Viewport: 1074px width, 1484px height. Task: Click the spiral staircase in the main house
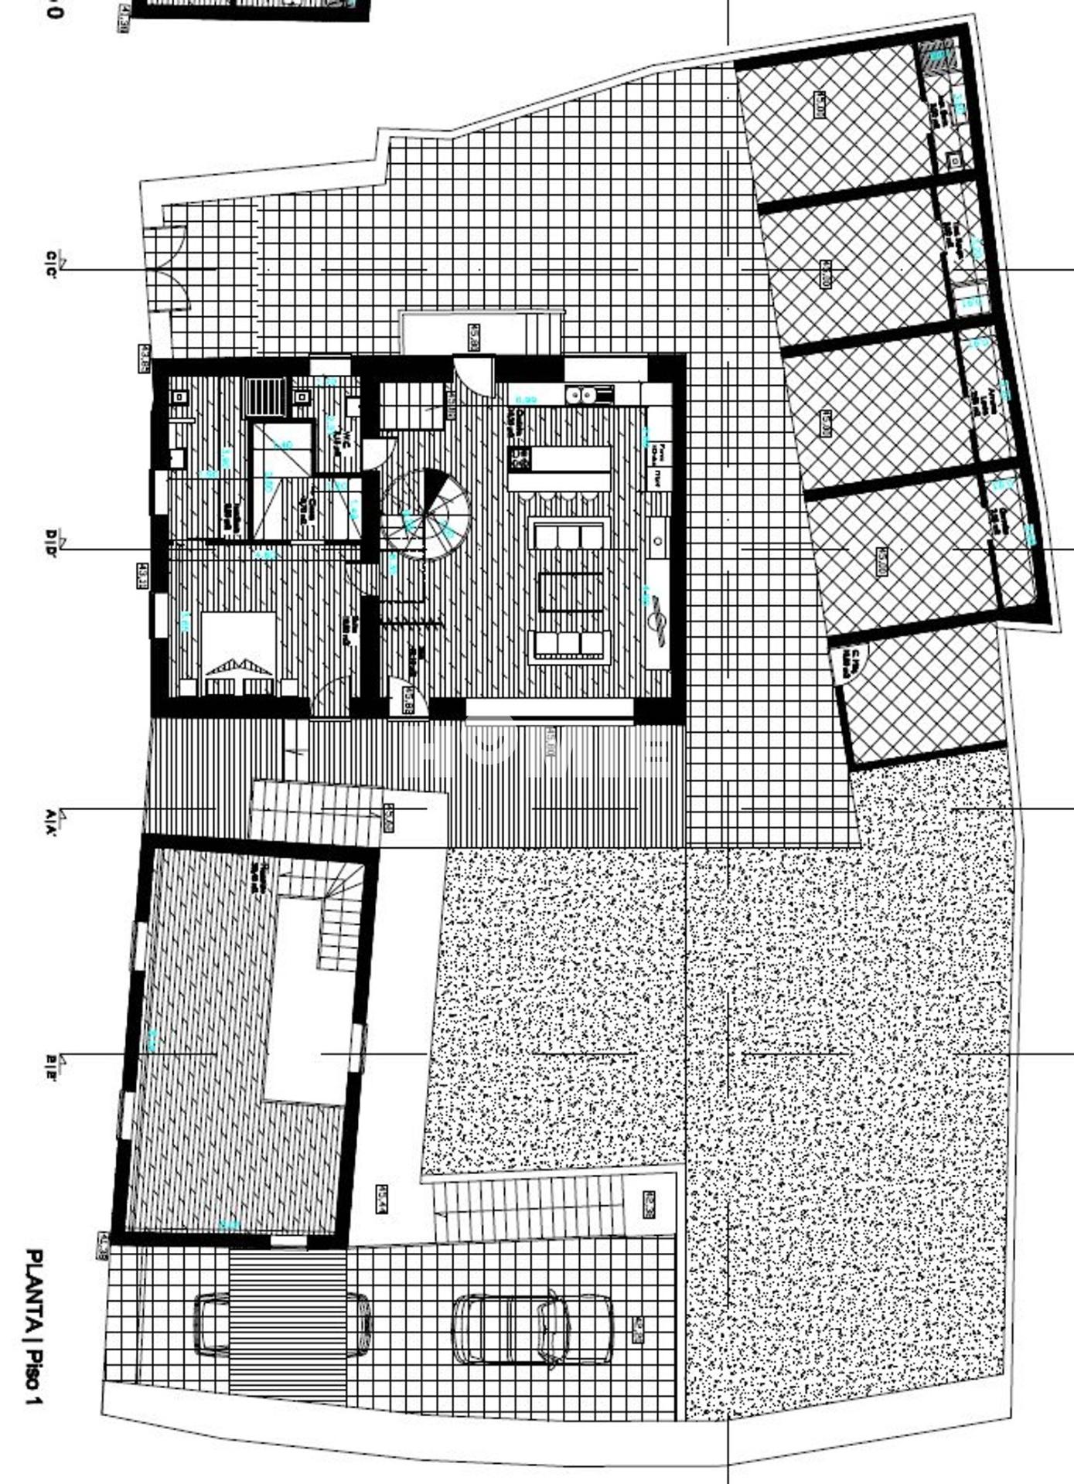pyautogui.click(x=425, y=513)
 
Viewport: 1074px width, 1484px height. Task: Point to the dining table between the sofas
pyautogui.click(x=570, y=591)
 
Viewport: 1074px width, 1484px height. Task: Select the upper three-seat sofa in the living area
pyautogui.click(x=568, y=536)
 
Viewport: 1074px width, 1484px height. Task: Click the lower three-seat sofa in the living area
pyautogui.click(x=569, y=643)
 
